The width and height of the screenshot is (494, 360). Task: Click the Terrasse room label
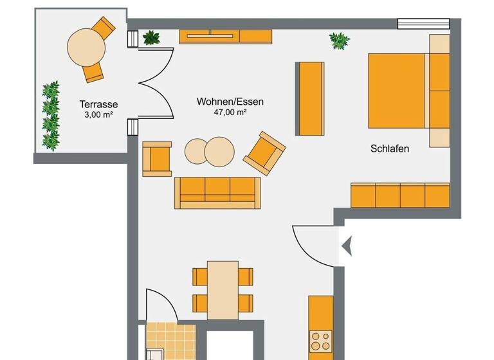[x=98, y=104]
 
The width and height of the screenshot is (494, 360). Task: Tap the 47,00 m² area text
[x=230, y=112]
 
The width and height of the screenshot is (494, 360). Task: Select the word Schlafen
[x=390, y=148]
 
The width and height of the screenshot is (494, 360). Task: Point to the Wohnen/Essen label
[x=230, y=102]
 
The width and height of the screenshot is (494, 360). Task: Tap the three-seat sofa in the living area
[x=217, y=192]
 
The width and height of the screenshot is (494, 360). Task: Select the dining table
[x=223, y=289]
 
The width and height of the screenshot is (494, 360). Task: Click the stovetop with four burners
[x=320, y=341]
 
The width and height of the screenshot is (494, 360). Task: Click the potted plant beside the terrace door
[x=151, y=38]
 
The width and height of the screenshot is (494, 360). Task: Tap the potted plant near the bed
[x=340, y=41]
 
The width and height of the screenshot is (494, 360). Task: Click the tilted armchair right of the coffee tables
[x=264, y=153]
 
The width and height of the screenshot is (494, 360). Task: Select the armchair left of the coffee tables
[x=156, y=159]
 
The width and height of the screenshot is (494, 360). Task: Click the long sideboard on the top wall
[x=225, y=37]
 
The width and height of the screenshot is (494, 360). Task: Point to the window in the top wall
[x=423, y=24]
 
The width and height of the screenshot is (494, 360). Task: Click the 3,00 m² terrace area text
[x=98, y=114]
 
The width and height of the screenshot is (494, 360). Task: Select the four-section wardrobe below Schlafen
[x=399, y=195]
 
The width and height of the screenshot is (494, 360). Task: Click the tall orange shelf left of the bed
[x=310, y=98]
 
